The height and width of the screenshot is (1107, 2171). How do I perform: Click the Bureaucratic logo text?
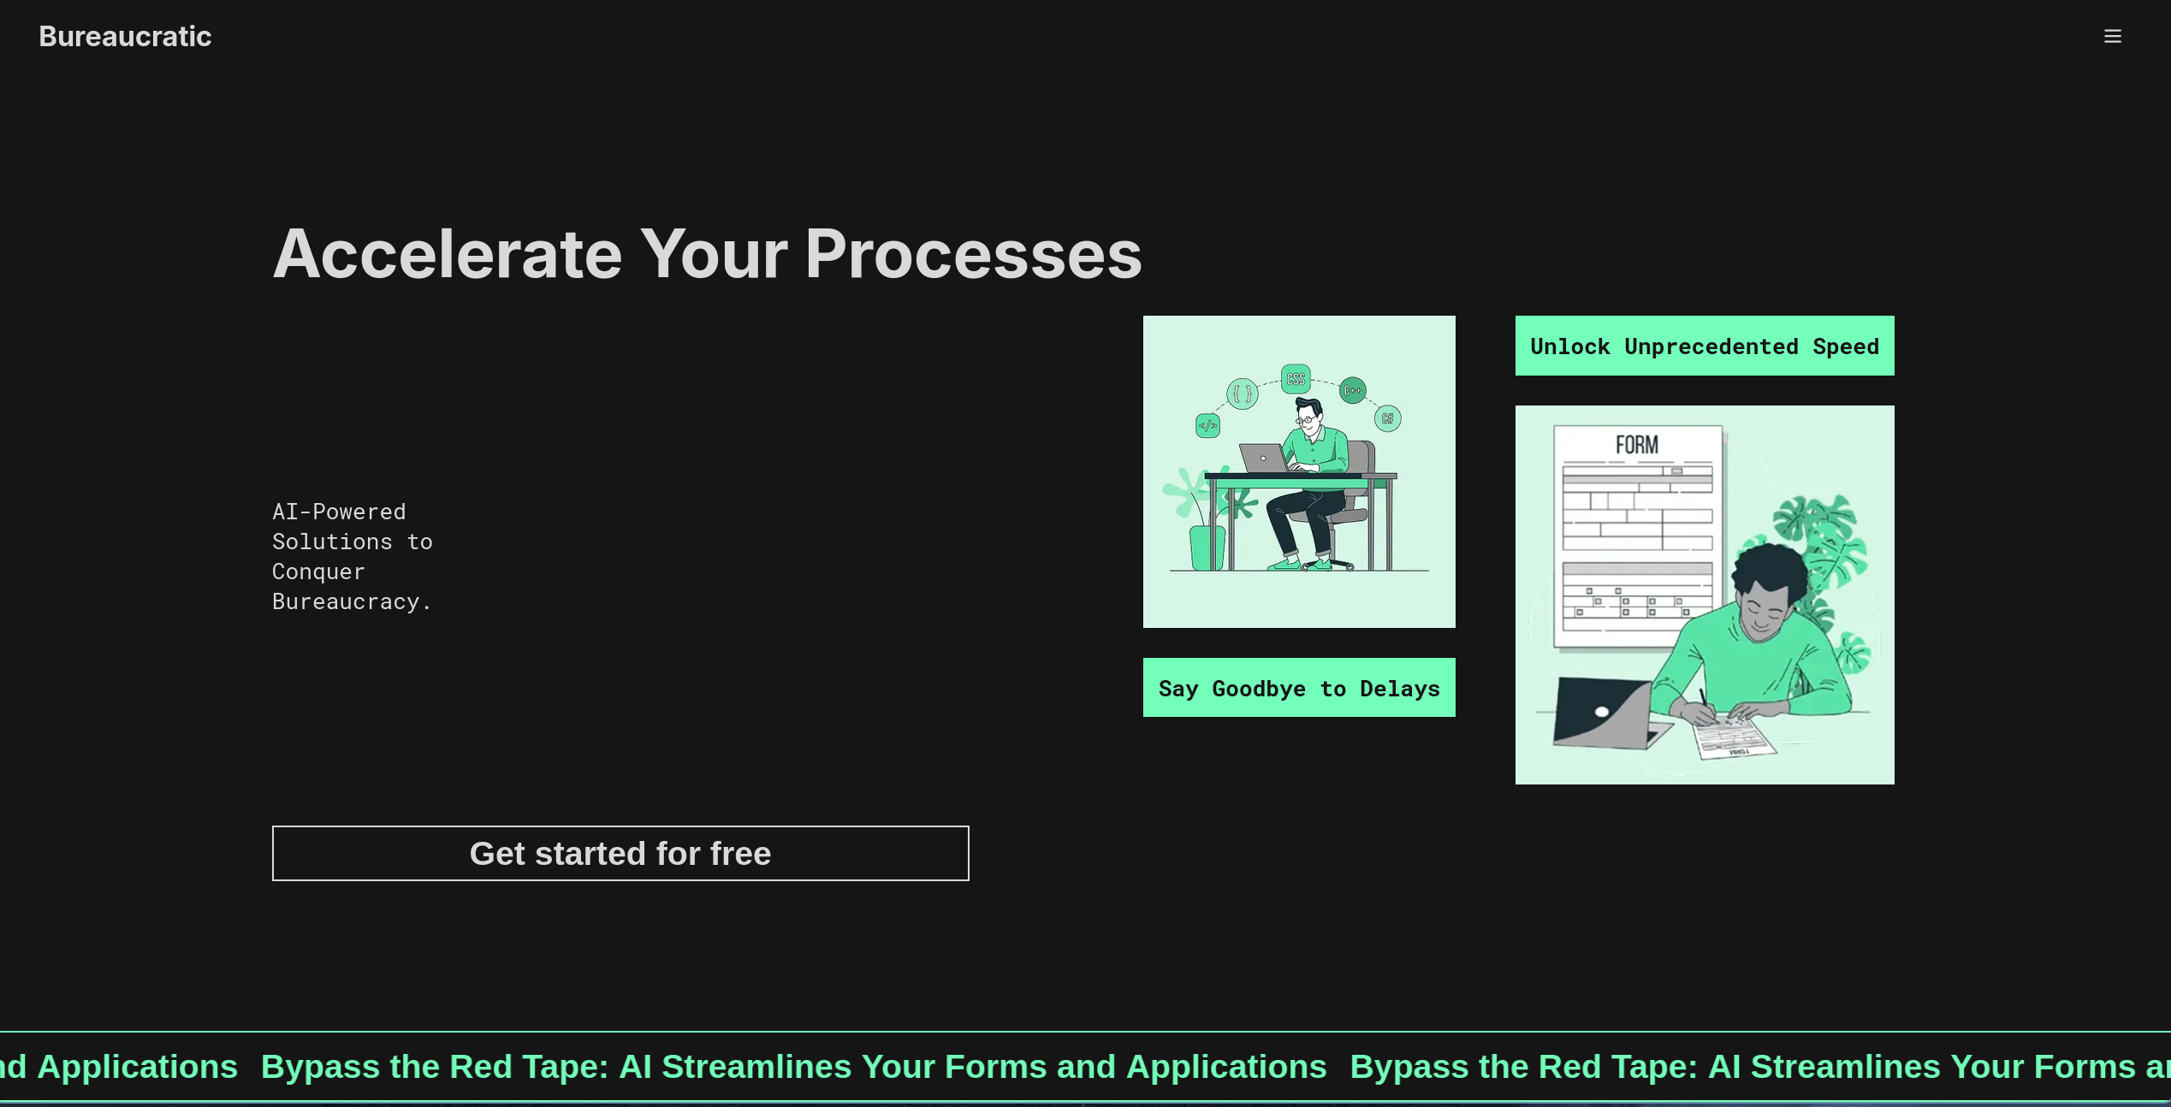pyautogui.click(x=125, y=36)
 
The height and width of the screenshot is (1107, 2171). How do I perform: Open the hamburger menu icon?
pyautogui.click(x=2113, y=36)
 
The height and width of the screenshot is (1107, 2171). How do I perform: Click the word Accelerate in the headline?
pyautogui.click(x=447, y=254)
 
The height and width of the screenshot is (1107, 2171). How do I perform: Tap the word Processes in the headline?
pyautogui.click(x=973, y=254)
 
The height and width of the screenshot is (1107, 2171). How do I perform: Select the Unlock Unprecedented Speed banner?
pyautogui.click(x=1705, y=346)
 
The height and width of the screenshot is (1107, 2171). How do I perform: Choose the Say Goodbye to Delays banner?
pyautogui.click(x=1299, y=688)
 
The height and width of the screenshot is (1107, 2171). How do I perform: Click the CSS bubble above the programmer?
pyautogui.click(x=1296, y=379)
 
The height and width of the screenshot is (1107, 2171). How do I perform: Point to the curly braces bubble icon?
pyautogui.click(x=1243, y=394)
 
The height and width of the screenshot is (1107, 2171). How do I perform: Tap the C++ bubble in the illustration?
pyautogui.click(x=1353, y=390)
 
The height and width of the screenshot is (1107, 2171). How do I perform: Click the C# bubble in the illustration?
pyautogui.click(x=1388, y=418)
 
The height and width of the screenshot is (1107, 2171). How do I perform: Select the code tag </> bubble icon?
pyautogui.click(x=1207, y=425)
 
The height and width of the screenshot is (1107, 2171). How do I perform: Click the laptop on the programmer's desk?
pyautogui.click(x=1264, y=459)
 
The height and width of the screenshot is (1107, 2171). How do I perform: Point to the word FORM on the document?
pyautogui.click(x=1637, y=445)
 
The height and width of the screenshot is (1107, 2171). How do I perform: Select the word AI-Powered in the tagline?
pyautogui.click(x=339, y=512)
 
